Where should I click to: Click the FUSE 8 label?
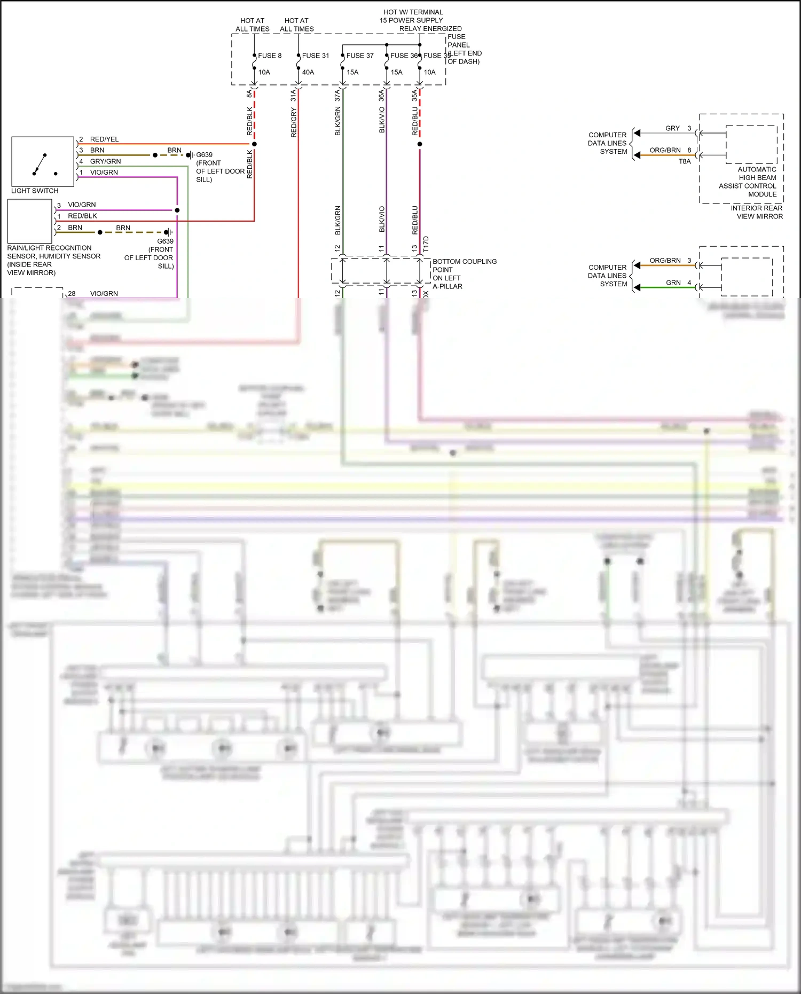click(270, 56)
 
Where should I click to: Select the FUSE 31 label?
click(316, 56)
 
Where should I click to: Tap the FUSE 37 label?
click(360, 56)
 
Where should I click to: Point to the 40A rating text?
click(308, 72)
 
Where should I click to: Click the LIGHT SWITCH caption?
click(35, 191)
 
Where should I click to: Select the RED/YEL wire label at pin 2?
click(104, 139)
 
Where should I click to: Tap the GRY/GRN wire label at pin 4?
click(105, 161)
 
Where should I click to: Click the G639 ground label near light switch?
click(204, 155)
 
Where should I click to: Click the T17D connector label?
click(426, 244)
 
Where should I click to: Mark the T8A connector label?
click(685, 161)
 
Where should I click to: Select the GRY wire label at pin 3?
click(672, 128)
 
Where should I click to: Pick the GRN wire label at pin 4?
click(673, 283)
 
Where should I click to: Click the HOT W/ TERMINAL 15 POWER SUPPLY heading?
click(412, 16)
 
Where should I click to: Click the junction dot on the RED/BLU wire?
click(420, 144)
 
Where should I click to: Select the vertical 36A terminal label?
click(381, 96)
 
